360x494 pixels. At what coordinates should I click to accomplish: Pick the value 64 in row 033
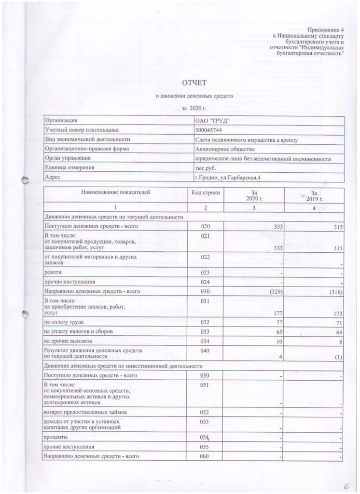338,332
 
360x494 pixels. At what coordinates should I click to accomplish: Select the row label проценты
56,437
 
